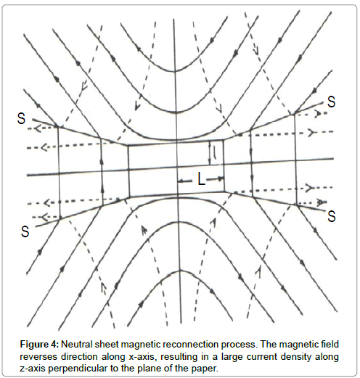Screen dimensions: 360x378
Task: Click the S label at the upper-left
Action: pyautogui.click(x=21, y=119)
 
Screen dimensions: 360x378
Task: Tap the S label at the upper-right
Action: pyautogui.click(x=331, y=102)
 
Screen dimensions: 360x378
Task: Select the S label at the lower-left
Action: pyautogui.click(x=25, y=231)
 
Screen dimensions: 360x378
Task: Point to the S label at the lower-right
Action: pyautogui.click(x=332, y=216)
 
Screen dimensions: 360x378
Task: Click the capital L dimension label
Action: pyautogui.click(x=201, y=180)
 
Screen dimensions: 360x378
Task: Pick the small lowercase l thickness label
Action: pyautogui.click(x=215, y=153)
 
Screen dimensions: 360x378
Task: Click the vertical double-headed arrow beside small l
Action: pyautogui.click(x=210, y=153)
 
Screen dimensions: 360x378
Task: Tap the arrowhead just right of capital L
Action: pyautogui.click(x=221, y=179)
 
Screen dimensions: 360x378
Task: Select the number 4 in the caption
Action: pyautogui.click(x=55, y=344)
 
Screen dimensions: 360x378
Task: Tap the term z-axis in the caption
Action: pyautogui.click(x=33, y=369)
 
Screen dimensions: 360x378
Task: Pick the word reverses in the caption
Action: pyautogui.click(x=38, y=357)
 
